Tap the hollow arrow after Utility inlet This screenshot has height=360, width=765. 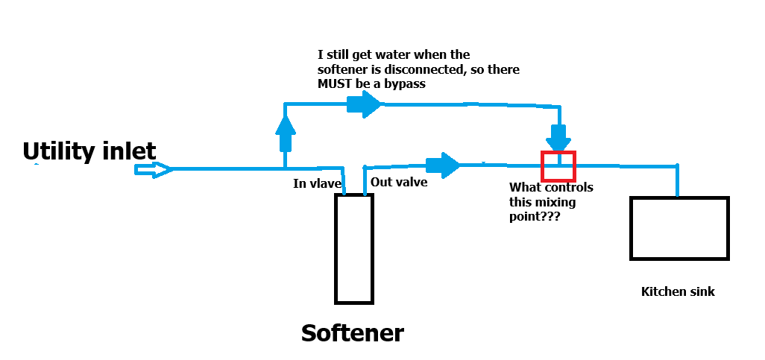[153, 170]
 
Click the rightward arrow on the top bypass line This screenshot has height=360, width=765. [364, 104]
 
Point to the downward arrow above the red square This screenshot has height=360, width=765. [558, 138]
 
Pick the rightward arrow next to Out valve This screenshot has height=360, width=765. [443, 165]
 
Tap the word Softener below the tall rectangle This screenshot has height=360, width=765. [352, 333]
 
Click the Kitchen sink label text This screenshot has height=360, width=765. [678, 291]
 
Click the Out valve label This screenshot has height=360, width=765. [399, 182]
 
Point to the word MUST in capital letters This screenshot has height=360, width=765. [333, 84]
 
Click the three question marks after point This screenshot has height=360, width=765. [550, 216]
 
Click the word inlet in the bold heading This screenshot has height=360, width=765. [129, 151]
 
